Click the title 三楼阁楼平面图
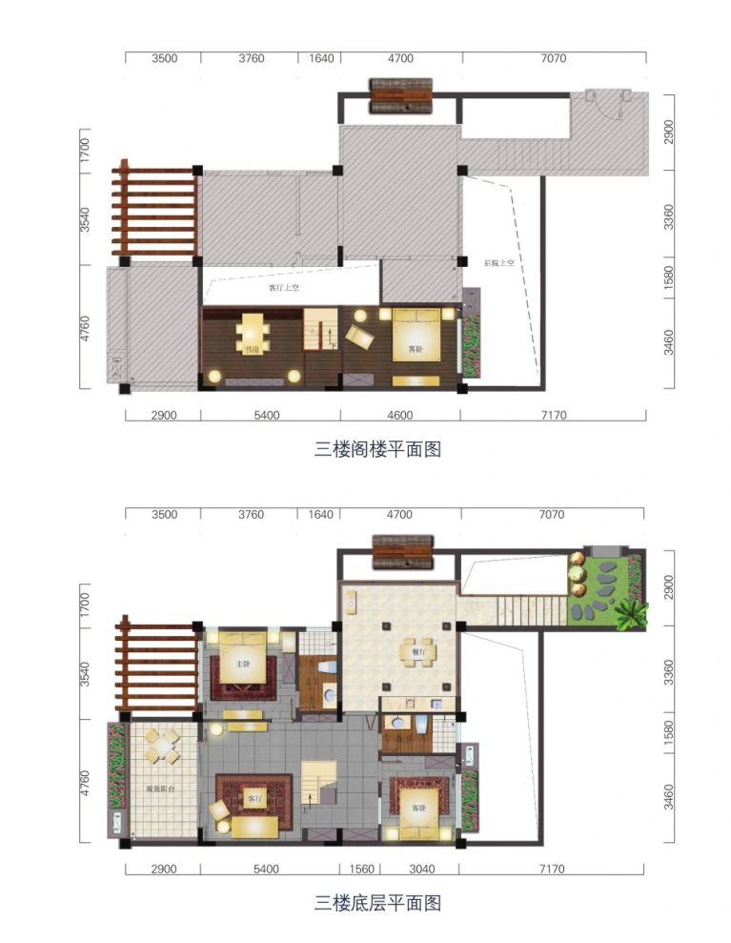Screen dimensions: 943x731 tap(377, 450)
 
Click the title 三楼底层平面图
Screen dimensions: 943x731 tap(377, 901)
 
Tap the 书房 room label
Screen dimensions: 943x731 tap(252, 350)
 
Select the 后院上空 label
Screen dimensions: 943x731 tap(498, 263)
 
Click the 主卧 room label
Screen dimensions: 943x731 tap(245, 664)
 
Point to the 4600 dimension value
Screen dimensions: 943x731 tap(400, 416)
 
